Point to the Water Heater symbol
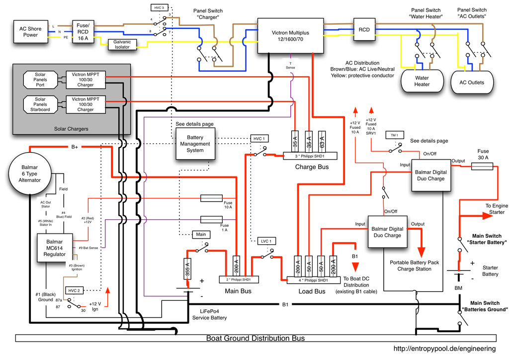pyautogui.click(x=422, y=81)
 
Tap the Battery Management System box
pyautogui.click(x=195, y=144)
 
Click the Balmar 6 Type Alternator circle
pyautogui.click(x=31, y=173)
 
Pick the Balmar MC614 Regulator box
pyautogui.click(x=54, y=247)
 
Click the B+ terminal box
pyautogui.click(x=75, y=147)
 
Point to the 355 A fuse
pyautogui.click(x=188, y=268)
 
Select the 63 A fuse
pyautogui.click(x=322, y=142)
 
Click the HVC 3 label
pyautogui.click(x=159, y=8)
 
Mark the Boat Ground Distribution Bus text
pyautogui.click(x=255, y=338)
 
